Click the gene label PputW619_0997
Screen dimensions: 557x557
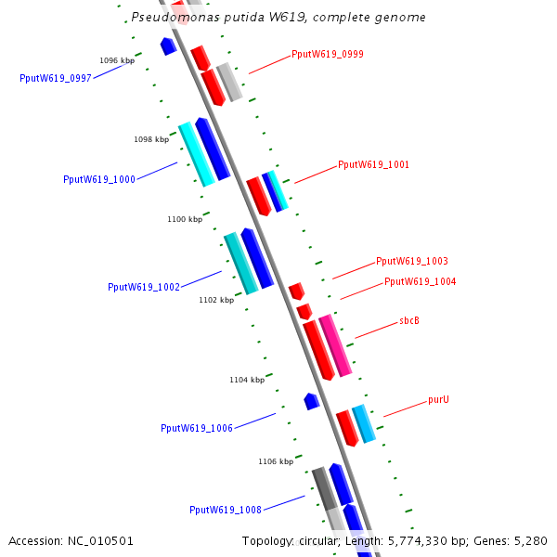point(56,79)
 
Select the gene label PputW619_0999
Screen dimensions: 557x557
point(328,54)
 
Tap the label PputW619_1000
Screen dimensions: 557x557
point(99,179)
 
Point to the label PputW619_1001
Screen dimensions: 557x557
point(374,164)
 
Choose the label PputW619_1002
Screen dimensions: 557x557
point(144,288)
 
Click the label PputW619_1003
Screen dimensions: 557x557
point(412,262)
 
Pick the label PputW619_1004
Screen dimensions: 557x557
point(421,281)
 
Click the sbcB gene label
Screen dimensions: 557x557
point(409,320)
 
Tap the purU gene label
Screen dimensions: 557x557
point(438,400)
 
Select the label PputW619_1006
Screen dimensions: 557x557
point(197,428)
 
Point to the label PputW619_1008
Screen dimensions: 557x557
point(226,510)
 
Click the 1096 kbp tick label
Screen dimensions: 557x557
point(117,60)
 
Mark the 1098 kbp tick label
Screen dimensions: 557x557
point(151,139)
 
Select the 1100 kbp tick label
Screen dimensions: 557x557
point(185,219)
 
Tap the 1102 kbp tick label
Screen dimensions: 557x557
point(216,300)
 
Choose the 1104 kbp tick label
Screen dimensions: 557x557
point(247,380)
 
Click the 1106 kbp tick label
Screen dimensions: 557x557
point(276,461)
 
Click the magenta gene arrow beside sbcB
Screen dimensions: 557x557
point(335,345)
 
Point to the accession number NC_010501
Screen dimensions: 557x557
point(71,540)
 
